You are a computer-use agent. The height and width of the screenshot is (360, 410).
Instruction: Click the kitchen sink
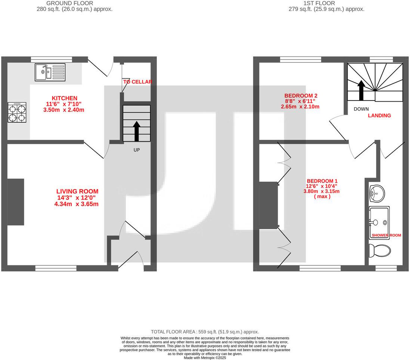click(50, 72)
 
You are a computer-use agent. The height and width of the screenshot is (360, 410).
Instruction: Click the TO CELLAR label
click(137, 82)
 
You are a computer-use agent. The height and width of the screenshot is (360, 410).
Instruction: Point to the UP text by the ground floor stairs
click(137, 150)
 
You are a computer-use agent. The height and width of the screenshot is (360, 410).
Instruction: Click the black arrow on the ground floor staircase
click(137, 130)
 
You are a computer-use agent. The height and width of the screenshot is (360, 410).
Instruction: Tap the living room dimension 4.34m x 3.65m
click(76, 204)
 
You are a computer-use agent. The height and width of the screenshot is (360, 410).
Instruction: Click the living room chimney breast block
click(16, 202)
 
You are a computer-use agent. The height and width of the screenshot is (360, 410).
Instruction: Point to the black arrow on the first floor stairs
click(361, 90)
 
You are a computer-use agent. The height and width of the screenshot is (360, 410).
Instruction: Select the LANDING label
click(379, 116)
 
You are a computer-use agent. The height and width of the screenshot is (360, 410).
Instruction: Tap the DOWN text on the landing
click(361, 109)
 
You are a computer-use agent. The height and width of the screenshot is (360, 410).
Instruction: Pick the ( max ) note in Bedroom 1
click(322, 196)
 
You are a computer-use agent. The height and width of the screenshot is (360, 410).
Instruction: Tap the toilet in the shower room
click(379, 250)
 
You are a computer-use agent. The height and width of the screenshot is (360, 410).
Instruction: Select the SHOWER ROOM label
click(386, 236)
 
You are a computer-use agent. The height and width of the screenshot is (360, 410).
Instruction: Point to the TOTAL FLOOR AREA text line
click(205, 332)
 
